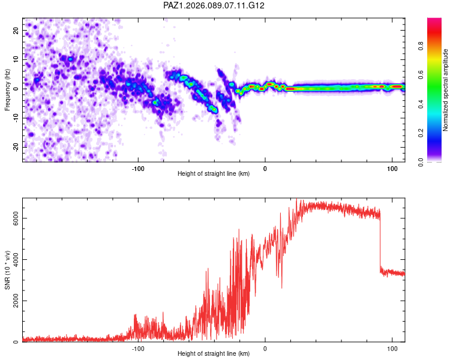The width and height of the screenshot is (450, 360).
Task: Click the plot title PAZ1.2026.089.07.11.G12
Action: pyautogui.click(x=214, y=5)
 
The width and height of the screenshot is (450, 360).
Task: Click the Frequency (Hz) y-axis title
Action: pyautogui.click(x=8, y=89)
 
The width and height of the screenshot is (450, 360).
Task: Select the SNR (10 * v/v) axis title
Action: pyautogui.click(x=8, y=270)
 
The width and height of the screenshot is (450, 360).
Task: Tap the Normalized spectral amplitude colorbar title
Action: pyautogui.click(x=446, y=90)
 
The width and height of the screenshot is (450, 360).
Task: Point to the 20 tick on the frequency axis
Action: pyautogui.click(x=16, y=30)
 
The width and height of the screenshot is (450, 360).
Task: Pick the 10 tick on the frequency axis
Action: pyautogui.click(x=16, y=59)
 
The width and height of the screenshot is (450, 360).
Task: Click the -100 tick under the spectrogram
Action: pyautogui.click(x=139, y=168)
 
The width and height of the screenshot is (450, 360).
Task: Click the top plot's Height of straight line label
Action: pyautogui.click(x=214, y=173)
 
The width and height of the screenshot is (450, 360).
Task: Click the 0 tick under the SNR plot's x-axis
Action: pyautogui.click(x=265, y=349)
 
